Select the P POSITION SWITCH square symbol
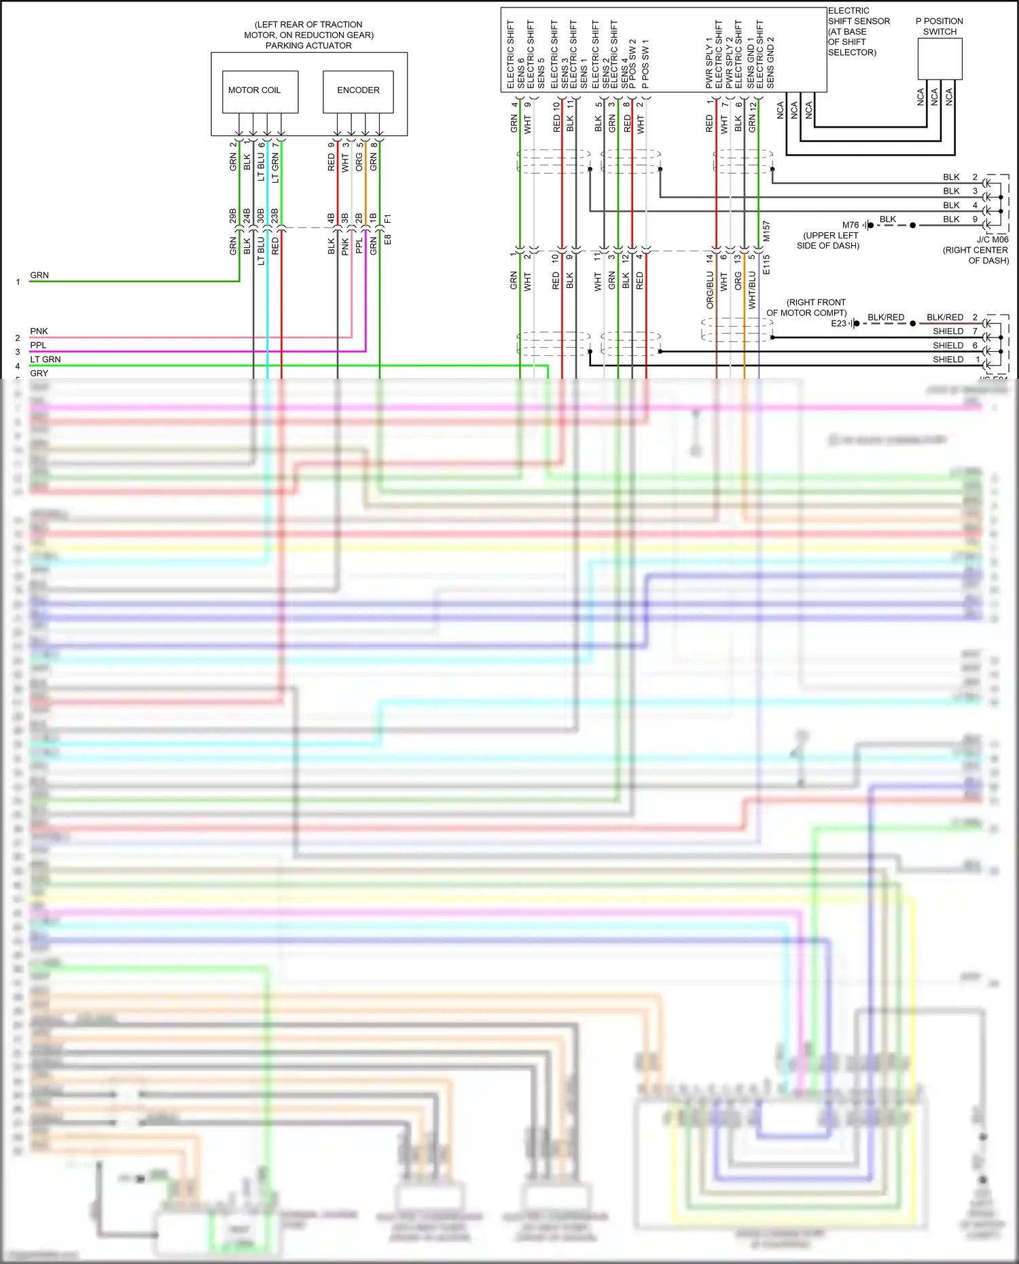pos(940,59)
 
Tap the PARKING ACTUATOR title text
pos(308,46)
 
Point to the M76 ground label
pos(851,225)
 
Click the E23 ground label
pos(839,323)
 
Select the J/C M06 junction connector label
pos(993,240)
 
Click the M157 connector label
pos(766,231)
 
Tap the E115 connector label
pos(766,264)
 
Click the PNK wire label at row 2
pos(39,331)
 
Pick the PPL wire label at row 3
pos(38,345)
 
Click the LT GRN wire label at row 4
pos(45,359)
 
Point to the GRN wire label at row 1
pos(39,275)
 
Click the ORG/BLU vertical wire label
pos(710,290)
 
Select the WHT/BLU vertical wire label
pos(752,290)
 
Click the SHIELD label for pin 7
pos(948,331)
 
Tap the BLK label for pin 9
pos(951,219)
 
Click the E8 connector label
pos(388,240)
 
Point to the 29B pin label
pos(233,216)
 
